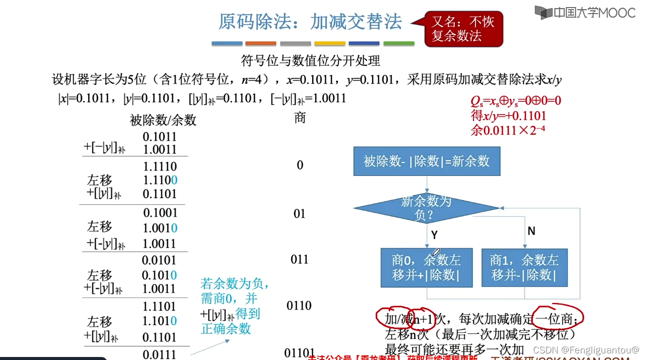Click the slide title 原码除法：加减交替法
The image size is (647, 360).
(310, 22)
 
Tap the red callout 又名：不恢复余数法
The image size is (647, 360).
(463, 29)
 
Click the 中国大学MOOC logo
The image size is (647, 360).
(585, 13)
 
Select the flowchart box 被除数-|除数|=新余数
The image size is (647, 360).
(427, 161)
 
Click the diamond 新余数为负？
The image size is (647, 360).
(427, 208)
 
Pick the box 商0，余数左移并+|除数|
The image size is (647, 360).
(427, 267)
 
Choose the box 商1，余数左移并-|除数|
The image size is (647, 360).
(524, 267)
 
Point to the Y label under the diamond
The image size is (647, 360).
(434, 234)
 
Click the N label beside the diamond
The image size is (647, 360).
(531, 231)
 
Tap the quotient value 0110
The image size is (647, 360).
(299, 306)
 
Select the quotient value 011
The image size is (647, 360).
(300, 260)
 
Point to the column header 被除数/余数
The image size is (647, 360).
(163, 120)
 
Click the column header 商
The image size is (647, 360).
(300, 118)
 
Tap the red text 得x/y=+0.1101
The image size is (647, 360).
(508, 116)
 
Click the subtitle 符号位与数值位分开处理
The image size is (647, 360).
(311, 62)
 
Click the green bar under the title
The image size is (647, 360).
(399, 44)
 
